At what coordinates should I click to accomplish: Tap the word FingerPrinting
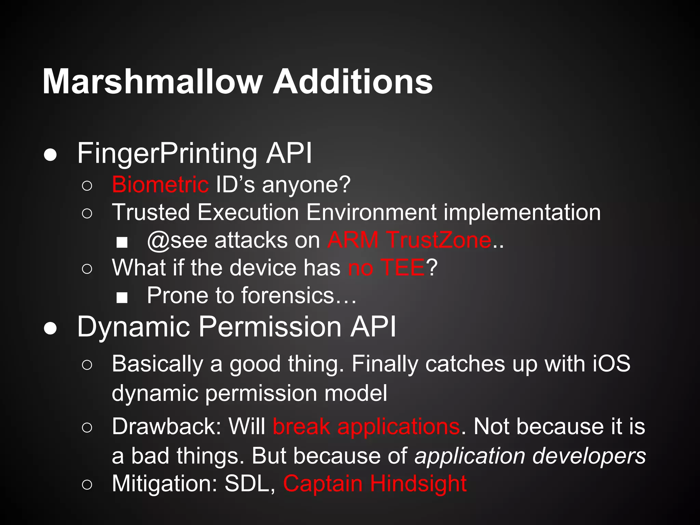pyautogui.click(x=167, y=153)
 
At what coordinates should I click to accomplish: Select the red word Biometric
pyautogui.click(x=160, y=185)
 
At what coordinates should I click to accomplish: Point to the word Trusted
pyautogui.click(x=151, y=212)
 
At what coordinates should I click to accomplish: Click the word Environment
pyautogui.click(x=371, y=212)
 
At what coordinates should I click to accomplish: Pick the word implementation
pyautogui.click(x=522, y=213)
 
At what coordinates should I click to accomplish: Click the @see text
pyautogui.click(x=177, y=240)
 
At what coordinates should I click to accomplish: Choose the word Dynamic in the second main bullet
pyautogui.click(x=133, y=327)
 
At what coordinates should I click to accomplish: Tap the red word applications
pyautogui.click(x=399, y=427)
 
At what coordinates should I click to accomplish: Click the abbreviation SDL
pyautogui.click(x=250, y=484)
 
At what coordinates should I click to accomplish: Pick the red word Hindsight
pyautogui.click(x=418, y=484)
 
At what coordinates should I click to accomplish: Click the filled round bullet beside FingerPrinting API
pyautogui.click(x=51, y=155)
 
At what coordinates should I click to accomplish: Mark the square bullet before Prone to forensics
pyautogui.click(x=122, y=297)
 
